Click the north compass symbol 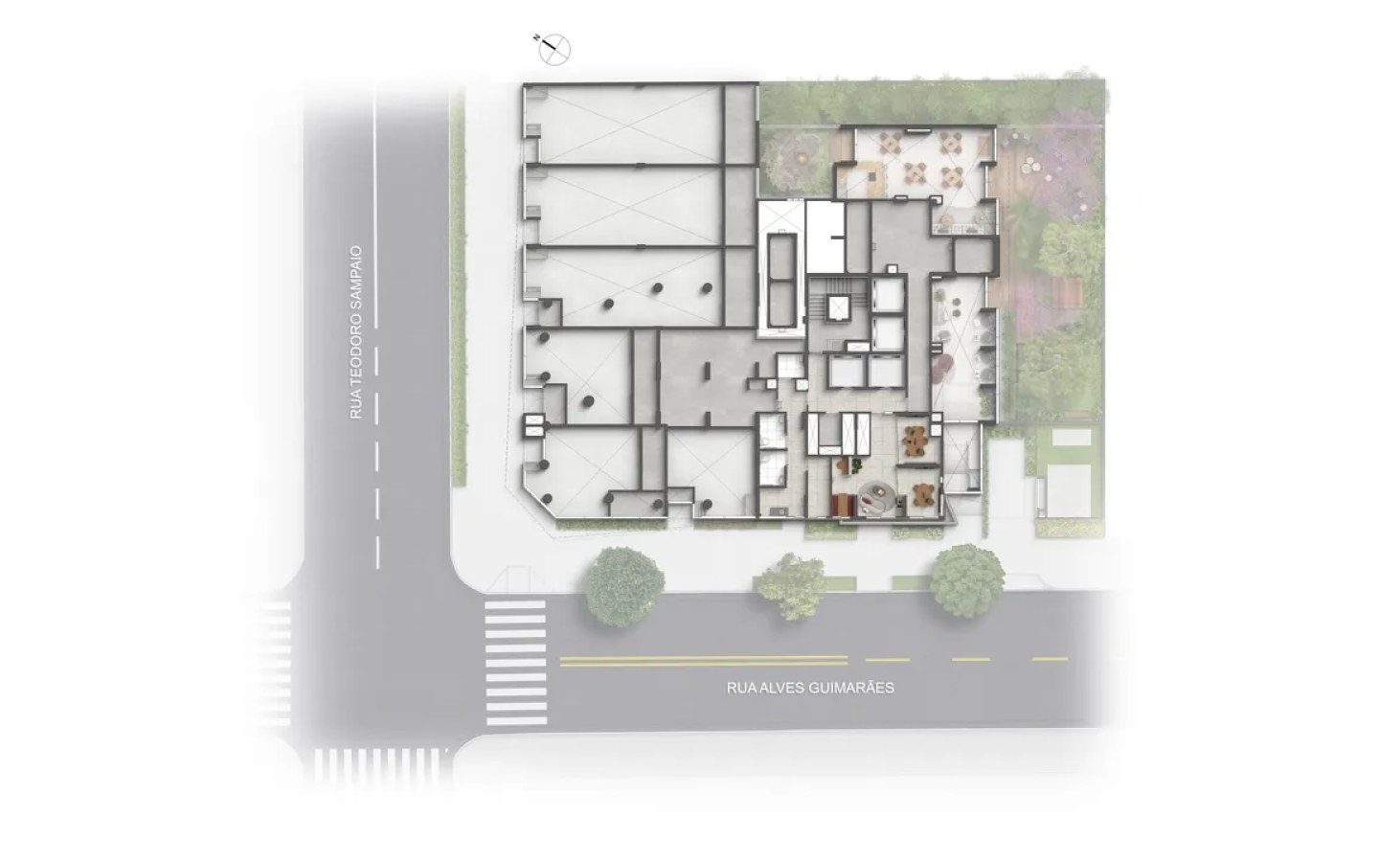pyautogui.click(x=554, y=49)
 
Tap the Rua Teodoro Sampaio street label pyautogui.click(x=356, y=332)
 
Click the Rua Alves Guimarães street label pyautogui.click(x=810, y=688)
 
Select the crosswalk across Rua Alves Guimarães pyautogui.click(x=516, y=663)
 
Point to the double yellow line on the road pyautogui.click(x=703, y=661)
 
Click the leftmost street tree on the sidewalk pyautogui.click(x=623, y=586)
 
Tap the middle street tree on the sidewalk pyautogui.click(x=792, y=586)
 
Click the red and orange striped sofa pyautogui.click(x=842, y=506)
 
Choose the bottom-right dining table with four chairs pyautogui.click(x=952, y=177)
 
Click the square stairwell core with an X pyautogui.click(x=838, y=307)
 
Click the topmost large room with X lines pyautogui.click(x=622, y=125)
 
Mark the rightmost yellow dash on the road pyautogui.click(x=1050, y=659)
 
